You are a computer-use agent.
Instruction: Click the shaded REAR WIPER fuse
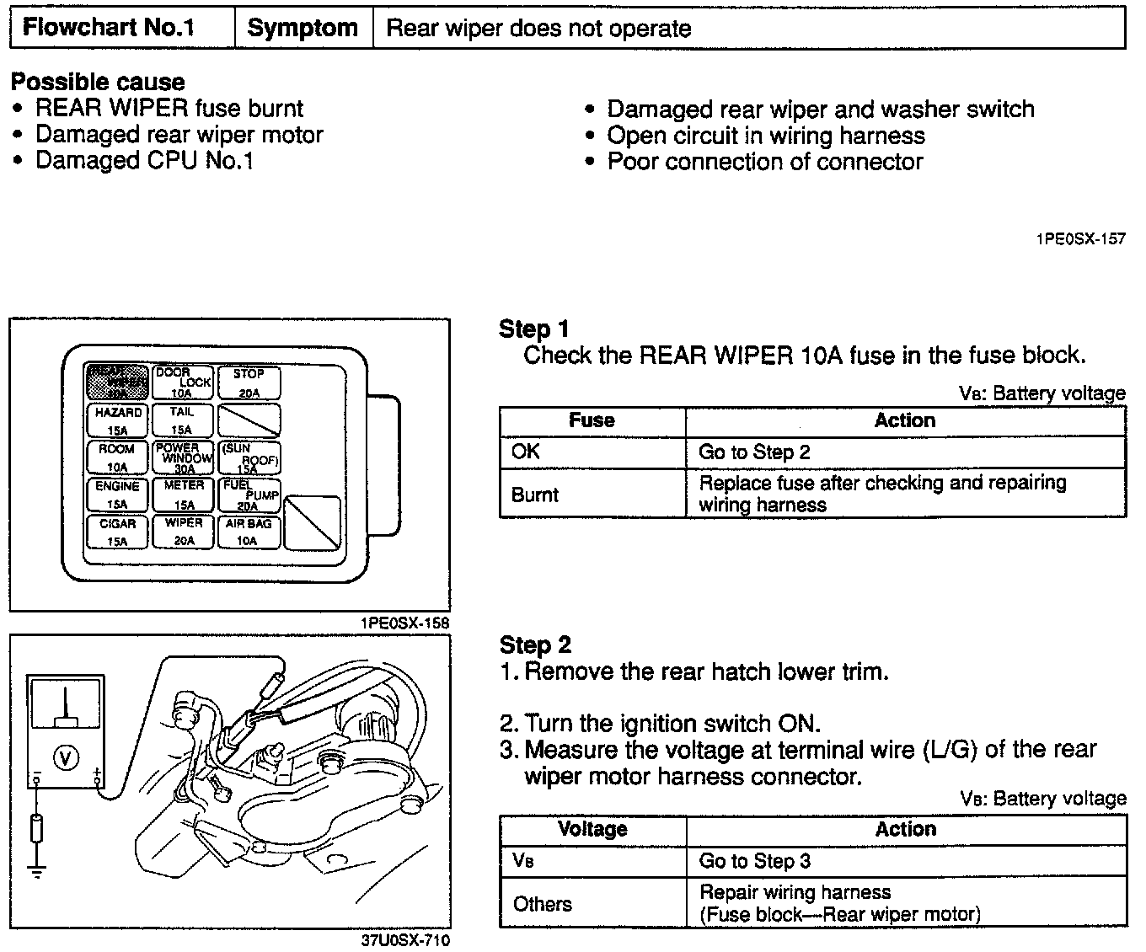(117, 382)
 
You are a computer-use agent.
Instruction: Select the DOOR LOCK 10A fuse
(184, 382)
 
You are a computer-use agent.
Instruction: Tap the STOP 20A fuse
(249, 382)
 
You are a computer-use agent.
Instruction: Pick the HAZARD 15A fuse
(117, 420)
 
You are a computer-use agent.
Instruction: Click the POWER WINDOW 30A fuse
(184, 457)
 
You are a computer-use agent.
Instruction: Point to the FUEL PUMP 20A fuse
(249, 495)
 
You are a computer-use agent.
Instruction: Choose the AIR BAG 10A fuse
(249, 532)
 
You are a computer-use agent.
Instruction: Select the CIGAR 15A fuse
(117, 532)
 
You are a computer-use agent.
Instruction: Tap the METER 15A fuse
(184, 495)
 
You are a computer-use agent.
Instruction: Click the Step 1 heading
(534, 329)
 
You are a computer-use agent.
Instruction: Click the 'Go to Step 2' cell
(906, 452)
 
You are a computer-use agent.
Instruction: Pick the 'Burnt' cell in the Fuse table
(592, 494)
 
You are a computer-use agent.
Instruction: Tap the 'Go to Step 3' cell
(906, 861)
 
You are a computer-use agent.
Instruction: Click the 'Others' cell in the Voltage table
(592, 904)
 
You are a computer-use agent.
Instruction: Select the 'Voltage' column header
(592, 829)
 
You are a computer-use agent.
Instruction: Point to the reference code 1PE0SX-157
(1080, 238)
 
